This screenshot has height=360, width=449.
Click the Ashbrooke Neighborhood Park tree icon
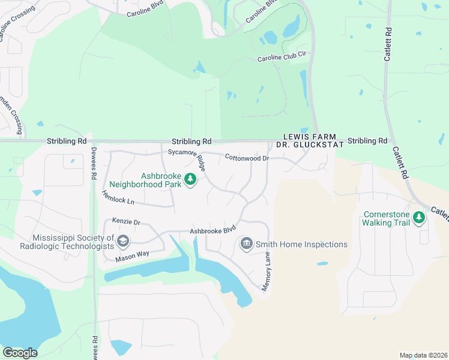point(190,179)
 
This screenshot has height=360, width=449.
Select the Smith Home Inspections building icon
point(246,244)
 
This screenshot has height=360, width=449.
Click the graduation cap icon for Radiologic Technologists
point(123,242)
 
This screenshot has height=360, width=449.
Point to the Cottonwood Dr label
point(246,158)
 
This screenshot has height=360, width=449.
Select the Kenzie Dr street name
point(125,222)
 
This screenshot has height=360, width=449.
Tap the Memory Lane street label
point(267,272)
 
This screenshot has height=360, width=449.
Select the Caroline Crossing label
point(12,25)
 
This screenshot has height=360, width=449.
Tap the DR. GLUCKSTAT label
point(310,145)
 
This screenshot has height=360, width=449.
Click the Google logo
point(20,352)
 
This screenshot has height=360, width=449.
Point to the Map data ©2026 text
point(423,355)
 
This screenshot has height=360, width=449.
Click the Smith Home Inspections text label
point(302,244)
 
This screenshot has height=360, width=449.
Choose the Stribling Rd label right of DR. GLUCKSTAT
point(367,140)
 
